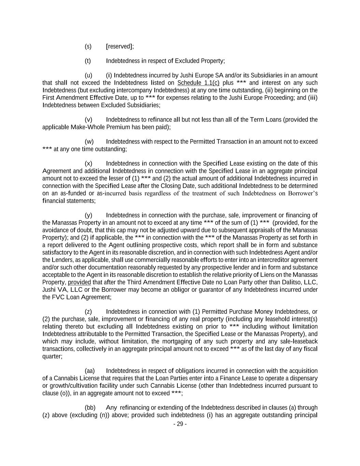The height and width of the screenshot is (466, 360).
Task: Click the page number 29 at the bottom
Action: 180,424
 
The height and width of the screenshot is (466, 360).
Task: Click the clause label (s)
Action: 88,46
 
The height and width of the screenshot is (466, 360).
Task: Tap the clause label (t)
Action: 88,61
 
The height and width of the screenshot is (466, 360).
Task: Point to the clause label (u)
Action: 88,75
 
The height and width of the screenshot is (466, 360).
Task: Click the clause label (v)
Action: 88,120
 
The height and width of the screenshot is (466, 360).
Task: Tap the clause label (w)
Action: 89,142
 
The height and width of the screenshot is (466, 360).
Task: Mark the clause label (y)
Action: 88,215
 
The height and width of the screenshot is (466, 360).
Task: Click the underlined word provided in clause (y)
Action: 79,283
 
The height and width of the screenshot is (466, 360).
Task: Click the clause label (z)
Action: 88,312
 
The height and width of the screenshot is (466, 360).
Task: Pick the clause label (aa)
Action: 89,371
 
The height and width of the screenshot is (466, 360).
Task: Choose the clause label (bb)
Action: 90,408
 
